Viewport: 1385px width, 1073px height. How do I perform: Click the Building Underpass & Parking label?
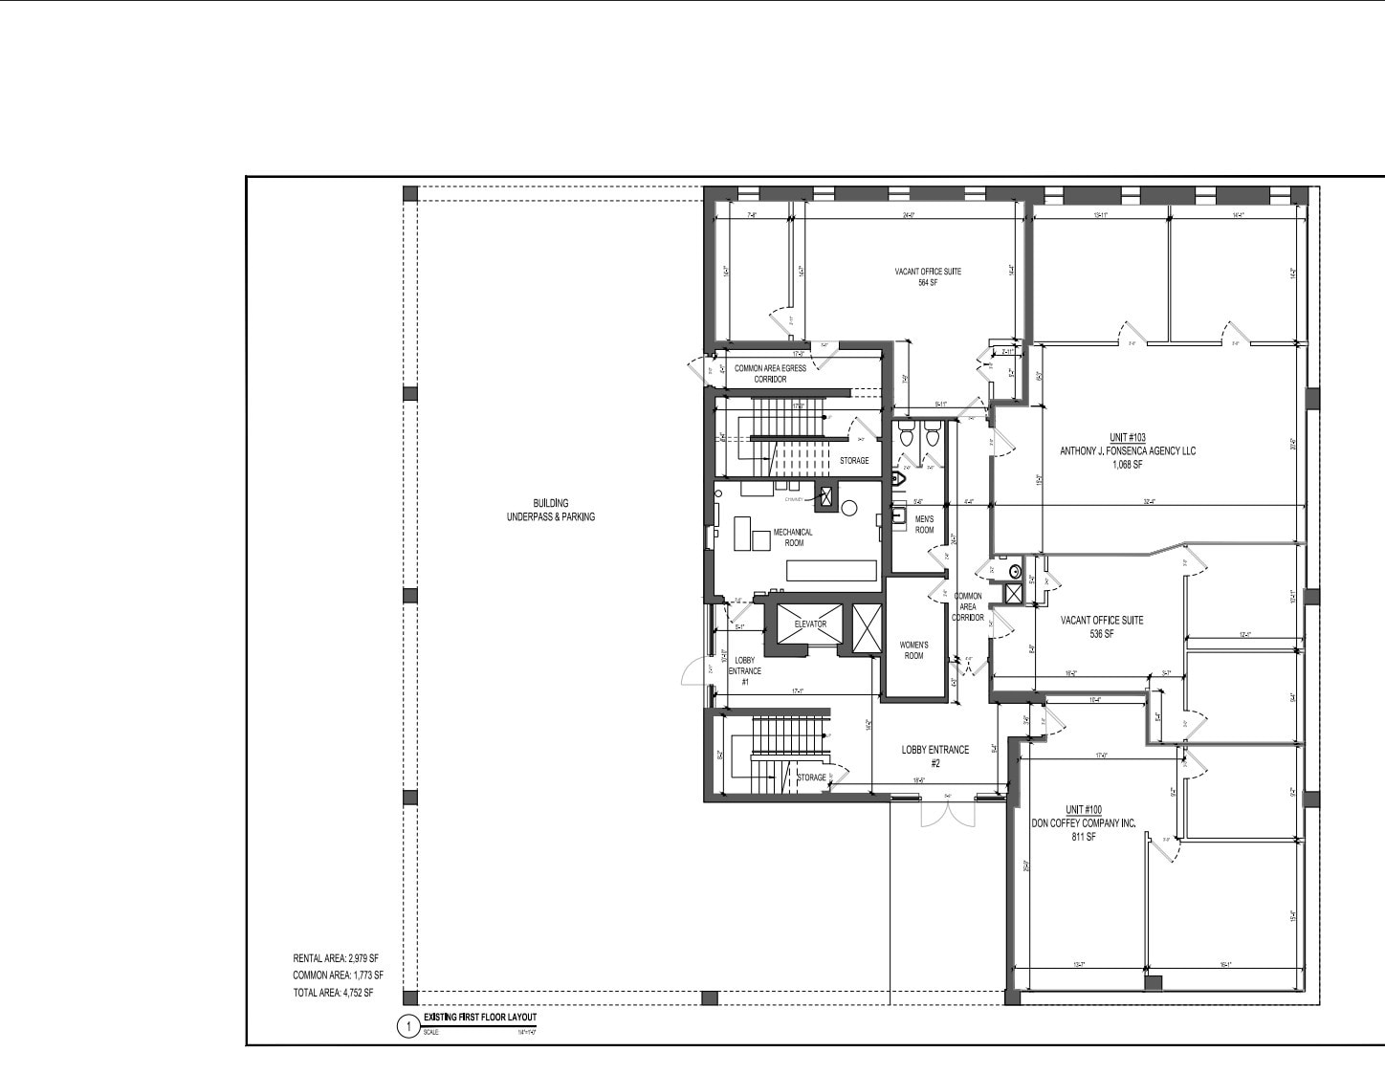tap(550, 510)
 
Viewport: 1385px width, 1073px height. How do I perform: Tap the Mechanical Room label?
tap(794, 537)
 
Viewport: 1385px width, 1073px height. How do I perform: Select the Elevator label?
tap(810, 624)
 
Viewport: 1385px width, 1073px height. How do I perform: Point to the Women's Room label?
tap(913, 650)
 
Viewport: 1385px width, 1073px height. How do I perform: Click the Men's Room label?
tap(924, 524)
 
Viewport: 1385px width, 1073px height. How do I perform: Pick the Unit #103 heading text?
tap(1128, 437)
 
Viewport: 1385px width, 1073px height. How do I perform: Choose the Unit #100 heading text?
tap(1084, 810)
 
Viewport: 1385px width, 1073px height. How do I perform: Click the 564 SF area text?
tap(927, 283)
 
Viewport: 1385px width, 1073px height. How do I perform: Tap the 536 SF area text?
tap(1102, 634)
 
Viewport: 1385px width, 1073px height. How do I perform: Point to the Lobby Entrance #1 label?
tap(744, 671)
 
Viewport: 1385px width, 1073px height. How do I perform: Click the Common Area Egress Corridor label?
tap(770, 373)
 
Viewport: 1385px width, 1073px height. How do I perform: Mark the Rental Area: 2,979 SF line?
tap(336, 958)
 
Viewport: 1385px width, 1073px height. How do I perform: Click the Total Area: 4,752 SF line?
tap(333, 993)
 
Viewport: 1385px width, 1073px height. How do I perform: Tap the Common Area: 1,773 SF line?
tap(338, 975)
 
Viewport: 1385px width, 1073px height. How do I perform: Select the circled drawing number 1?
tap(408, 1028)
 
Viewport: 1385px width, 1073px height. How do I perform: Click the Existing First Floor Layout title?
tap(480, 1018)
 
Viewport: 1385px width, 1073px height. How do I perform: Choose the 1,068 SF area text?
tap(1128, 465)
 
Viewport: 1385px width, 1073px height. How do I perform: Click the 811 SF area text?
tap(1084, 837)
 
